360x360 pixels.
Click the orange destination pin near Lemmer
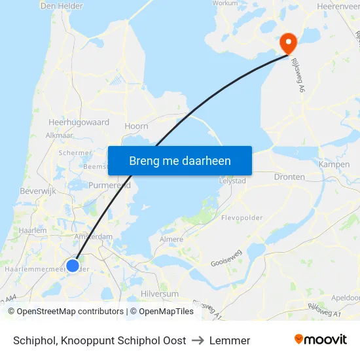pyautogui.click(x=288, y=43)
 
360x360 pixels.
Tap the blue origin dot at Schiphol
pyautogui.click(x=73, y=265)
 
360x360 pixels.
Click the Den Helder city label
pyautogui.click(x=62, y=6)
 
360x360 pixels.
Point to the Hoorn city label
pyautogui.click(x=136, y=126)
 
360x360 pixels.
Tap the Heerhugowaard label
pyautogui.click(x=79, y=122)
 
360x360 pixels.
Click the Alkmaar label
pyautogui.click(x=60, y=135)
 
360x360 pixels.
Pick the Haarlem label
pyautogui.click(x=33, y=231)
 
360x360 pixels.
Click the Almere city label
pyautogui.click(x=171, y=240)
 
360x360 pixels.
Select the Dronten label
pyautogui.click(x=289, y=177)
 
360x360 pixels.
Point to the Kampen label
pyautogui.click(x=334, y=164)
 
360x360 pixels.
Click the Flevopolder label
pyautogui.click(x=242, y=217)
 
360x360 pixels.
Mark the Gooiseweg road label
pyautogui.click(x=226, y=261)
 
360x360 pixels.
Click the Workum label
pyautogui.click(x=225, y=3)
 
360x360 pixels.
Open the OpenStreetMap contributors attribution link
pyautogui.click(x=71, y=312)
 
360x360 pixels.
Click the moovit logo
pyautogui.click(x=321, y=340)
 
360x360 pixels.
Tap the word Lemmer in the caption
pyautogui.click(x=230, y=340)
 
